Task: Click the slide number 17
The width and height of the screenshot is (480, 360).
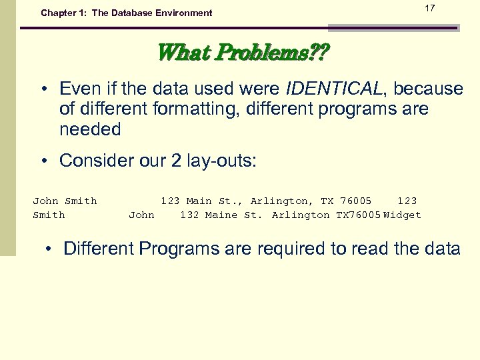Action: [x=430, y=8]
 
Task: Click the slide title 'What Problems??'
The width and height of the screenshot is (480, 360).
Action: [x=242, y=52]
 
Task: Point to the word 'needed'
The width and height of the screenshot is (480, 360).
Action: [x=90, y=129]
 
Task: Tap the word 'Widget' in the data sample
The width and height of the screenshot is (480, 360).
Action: [x=402, y=215]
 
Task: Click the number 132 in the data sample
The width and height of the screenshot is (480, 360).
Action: [x=189, y=215]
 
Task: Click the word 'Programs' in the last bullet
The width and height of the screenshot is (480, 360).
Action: [x=178, y=249]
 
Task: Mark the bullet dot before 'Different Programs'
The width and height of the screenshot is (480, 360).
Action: [x=49, y=249]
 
